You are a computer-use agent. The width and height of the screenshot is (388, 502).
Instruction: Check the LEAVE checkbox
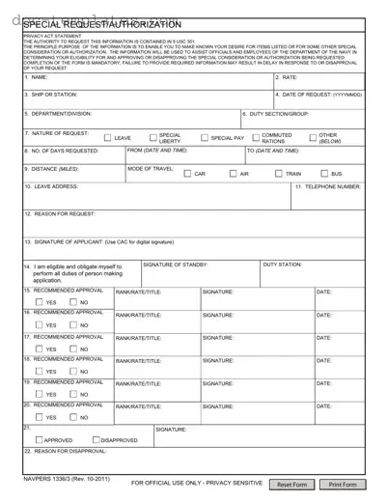coord(107,138)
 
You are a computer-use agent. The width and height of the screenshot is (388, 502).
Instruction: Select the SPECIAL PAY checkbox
coord(204,138)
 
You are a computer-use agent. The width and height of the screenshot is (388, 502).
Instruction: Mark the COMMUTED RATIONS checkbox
coord(254,138)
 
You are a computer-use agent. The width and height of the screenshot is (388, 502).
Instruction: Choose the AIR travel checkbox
coord(233,174)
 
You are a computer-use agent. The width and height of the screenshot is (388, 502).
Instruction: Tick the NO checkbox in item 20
coord(72,417)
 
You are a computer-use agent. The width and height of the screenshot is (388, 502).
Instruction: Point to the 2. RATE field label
coord(287,77)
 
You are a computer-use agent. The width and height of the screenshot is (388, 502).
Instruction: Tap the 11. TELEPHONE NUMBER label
coord(328,186)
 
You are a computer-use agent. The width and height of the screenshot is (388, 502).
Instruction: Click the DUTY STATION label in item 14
coord(282,264)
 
